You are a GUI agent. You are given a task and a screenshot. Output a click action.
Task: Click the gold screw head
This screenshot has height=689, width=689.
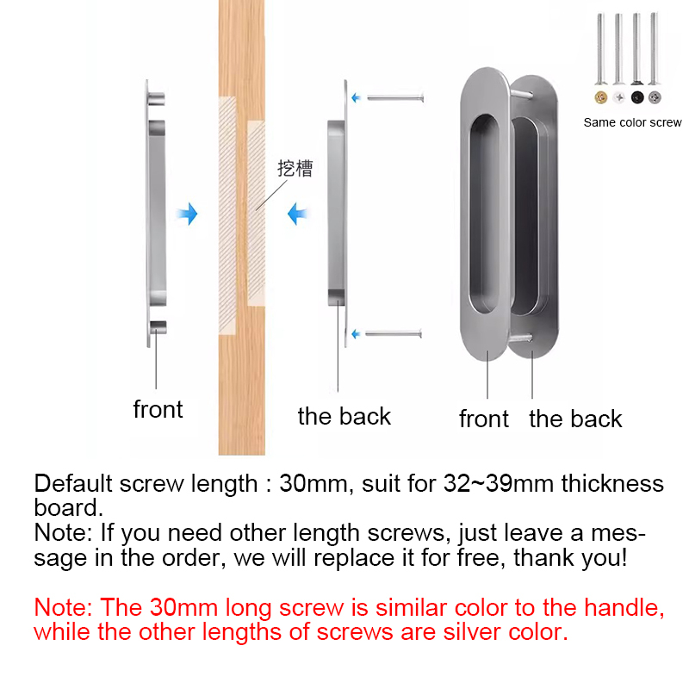tap(600, 97)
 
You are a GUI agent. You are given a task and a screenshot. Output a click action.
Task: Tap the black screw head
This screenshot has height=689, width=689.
tap(637, 97)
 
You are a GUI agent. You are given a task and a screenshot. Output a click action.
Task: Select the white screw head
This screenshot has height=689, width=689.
tap(619, 97)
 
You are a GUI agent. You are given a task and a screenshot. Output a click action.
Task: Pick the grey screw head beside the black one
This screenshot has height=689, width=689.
tap(655, 97)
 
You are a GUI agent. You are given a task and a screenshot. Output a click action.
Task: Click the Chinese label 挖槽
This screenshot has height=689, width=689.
tap(295, 168)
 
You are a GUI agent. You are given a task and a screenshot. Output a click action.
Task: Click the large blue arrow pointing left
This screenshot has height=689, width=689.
tap(297, 214)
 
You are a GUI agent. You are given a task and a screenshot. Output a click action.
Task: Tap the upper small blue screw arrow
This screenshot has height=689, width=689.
tap(356, 97)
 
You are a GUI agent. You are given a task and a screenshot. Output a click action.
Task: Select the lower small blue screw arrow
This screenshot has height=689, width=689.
tap(356, 334)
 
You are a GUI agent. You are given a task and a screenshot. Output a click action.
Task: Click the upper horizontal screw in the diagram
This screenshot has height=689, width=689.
tap(395, 97)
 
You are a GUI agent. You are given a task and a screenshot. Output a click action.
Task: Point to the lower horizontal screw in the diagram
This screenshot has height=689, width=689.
tap(394, 334)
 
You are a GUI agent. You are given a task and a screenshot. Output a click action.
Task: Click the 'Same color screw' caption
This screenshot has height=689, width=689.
tap(632, 122)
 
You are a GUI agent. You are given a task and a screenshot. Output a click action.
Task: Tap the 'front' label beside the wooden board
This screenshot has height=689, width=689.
tap(158, 410)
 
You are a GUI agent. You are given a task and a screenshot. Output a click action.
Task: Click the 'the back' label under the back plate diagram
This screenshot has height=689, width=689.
tap(344, 416)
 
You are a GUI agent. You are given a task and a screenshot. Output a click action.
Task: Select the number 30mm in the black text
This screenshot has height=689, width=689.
tap(313, 483)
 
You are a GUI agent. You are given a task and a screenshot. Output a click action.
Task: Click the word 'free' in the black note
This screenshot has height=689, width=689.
tap(480, 557)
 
